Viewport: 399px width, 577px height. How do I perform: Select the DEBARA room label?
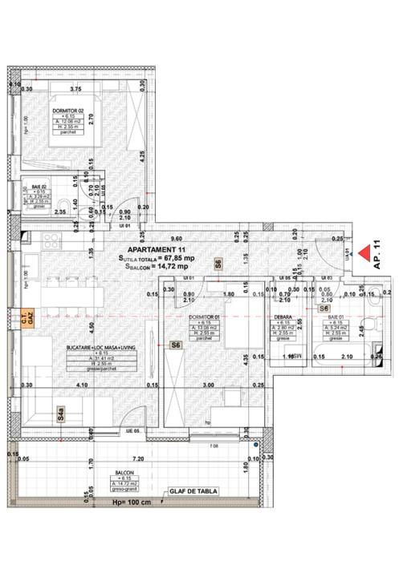pyautogui.click(x=285, y=317)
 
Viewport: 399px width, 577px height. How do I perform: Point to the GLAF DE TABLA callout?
pyautogui.click(x=193, y=491)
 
